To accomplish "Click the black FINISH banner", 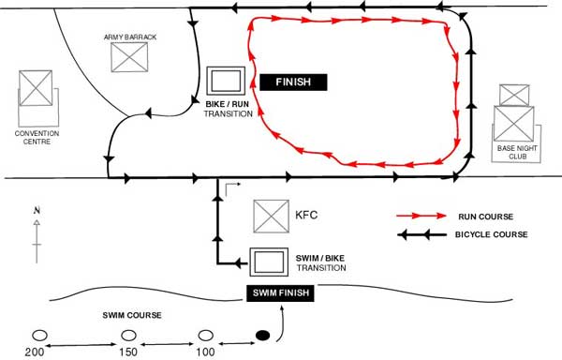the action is tap(293, 82).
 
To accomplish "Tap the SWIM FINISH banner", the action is tap(280, 292).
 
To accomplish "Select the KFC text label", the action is tap(306, 215).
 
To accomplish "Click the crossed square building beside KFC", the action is tap(271, 217).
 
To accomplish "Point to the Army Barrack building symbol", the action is tap(129, 57).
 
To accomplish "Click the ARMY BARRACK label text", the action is tap(130, 37).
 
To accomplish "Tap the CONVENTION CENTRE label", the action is tap(37, 137).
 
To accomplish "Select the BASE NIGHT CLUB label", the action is tap(517, 152).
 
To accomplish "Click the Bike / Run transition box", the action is tap(226, 81).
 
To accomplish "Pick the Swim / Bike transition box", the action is tap(269, 262).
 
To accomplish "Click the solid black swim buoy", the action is tap(262, 336).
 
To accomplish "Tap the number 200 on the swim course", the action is tap(35, 352).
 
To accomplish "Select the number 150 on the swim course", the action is tap(128, 352).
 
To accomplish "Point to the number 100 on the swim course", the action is tap(205, 352).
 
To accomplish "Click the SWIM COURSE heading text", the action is tap(132, 316).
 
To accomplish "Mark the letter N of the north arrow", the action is tap(37, 211).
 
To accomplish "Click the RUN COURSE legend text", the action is tap(485, 217).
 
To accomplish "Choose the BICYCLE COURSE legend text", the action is tap(492, 234).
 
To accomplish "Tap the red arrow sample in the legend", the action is tap(421, 216).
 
